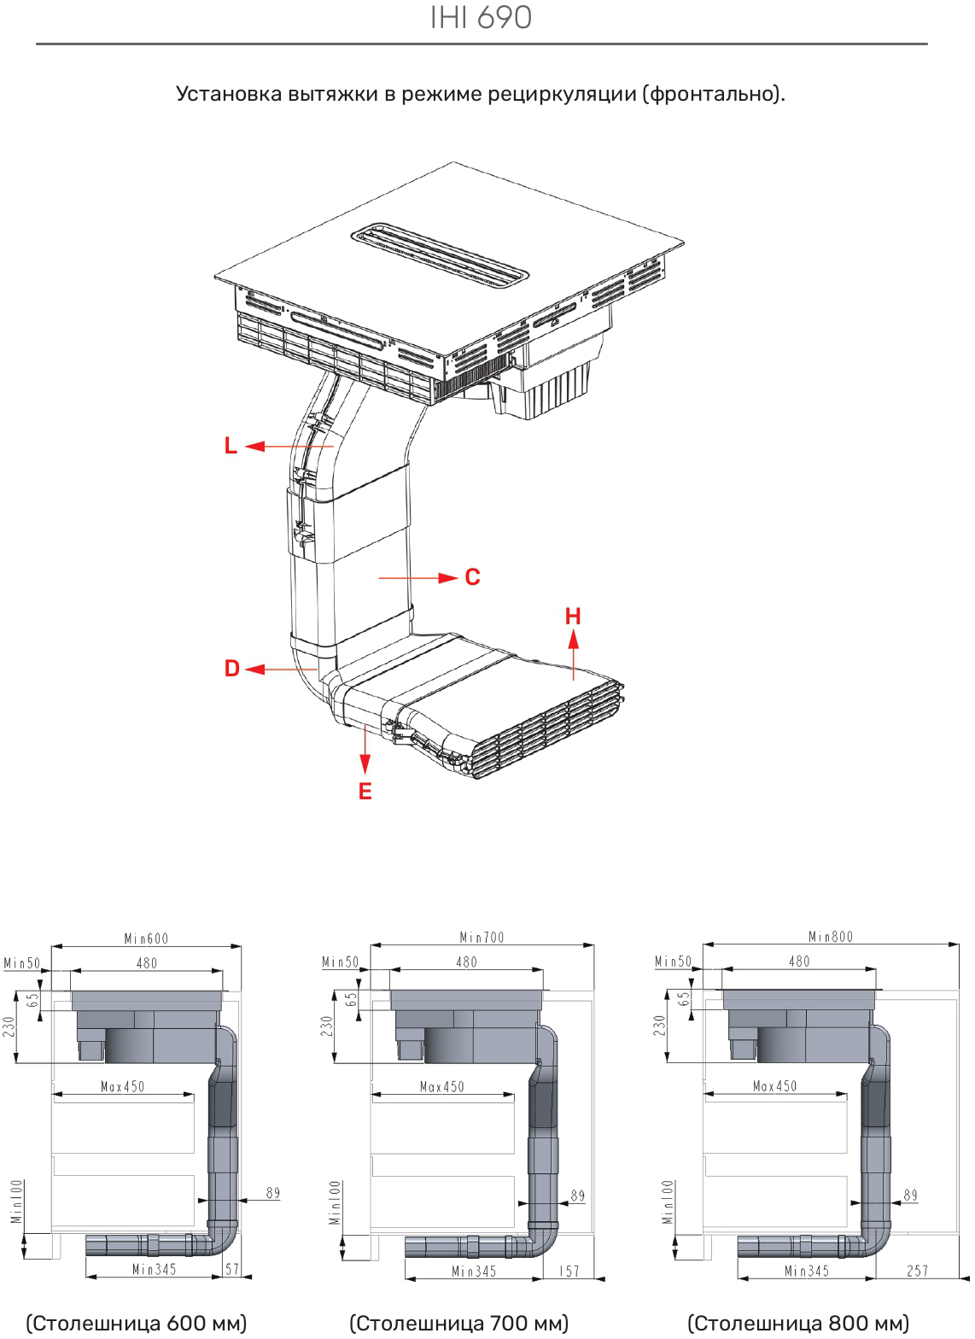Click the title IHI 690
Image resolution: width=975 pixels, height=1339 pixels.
(x=481, y=17)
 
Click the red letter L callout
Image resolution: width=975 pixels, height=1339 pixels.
(x=231, y=446)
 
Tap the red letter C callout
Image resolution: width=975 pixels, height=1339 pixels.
(x=472, y=577)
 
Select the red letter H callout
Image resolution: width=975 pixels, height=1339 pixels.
(x=573, y=616)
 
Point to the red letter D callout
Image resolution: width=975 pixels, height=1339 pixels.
(x=232, y=669)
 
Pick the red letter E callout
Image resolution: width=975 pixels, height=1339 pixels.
(x=365, y=792)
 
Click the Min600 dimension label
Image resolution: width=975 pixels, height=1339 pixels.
(x=147, y=938)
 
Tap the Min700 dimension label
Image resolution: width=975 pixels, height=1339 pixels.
(x=482, y=938)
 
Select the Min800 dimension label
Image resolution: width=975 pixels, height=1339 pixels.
(x=831, y=937)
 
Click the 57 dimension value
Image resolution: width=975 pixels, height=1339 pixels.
(x=232, y=1269)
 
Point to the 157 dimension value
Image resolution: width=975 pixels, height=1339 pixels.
(x=569, y=1271)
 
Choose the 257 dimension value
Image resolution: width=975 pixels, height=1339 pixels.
(x=918, y=1271)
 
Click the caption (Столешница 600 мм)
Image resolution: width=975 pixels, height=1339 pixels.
(x=137, y=1323)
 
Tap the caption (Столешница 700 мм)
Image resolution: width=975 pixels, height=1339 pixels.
(x=458, y=1323)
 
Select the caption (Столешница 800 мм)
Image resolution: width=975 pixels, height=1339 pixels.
(x=798, y=1323)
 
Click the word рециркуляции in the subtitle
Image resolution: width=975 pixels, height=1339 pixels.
(x=562, y=95)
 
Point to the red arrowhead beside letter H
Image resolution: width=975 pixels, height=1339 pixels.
(x=573, y=640)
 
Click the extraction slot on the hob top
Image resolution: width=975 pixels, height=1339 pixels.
(x=440, y=258)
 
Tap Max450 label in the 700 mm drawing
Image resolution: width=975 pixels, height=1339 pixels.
(x=441, y=1087)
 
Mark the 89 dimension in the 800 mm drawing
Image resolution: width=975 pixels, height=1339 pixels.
(x=910, y=1195)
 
